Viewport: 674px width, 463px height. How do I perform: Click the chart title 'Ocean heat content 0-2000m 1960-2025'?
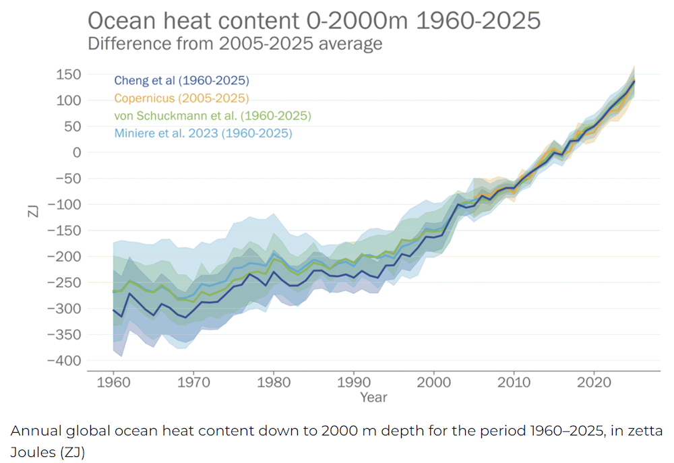pyautogui.click(x=314, y=20)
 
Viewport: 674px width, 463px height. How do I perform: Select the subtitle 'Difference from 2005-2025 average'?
pyautogui.click(x=235, y=44)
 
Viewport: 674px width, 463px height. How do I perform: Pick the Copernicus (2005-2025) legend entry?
pyautogui.click(x=181, y=98)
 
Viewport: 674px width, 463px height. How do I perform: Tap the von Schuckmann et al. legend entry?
pyautogui.click(x=212, y=116)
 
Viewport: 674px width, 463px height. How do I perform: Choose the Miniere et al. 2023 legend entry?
pyautogui.click(x=203, y=133)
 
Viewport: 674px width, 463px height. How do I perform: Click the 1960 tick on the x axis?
pyautogui.click(x=113, y=381)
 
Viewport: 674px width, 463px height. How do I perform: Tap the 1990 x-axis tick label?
pyautogui.click(x=353, y=381)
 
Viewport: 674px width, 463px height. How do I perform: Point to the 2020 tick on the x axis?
pyautogui.click(x=593, y=381)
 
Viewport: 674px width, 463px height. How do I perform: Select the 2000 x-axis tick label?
pyautogui.click(x=433, y=381)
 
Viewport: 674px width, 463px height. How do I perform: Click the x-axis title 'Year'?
pyautogui.click(x=373, y=398)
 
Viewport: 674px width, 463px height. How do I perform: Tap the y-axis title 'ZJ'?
pyautogui.click(x=32, y=210)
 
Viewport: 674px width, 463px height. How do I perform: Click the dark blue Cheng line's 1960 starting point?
pyautogui.click(x=113, y=310)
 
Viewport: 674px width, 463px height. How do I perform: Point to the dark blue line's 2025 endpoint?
pyautogui.click(x=634, y=82)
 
